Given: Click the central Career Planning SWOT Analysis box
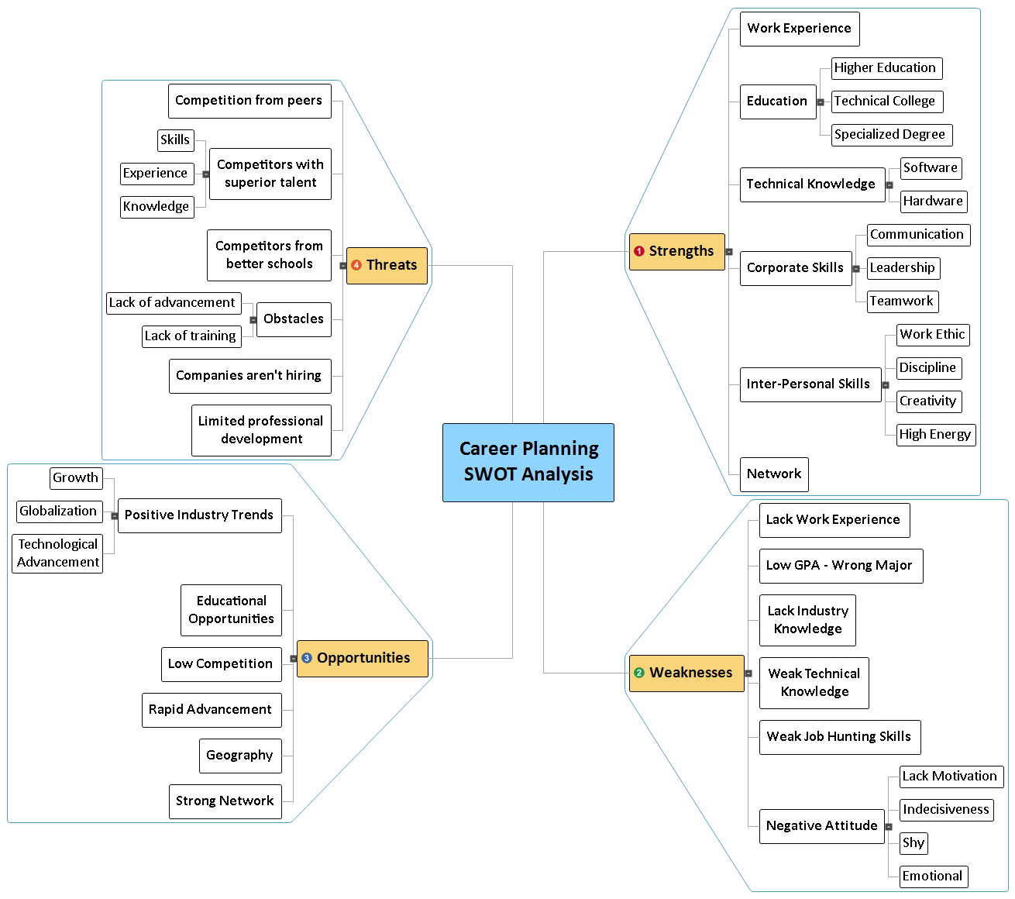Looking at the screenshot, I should [x=528, y=462].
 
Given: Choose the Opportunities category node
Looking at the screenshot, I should [x=363, y=658].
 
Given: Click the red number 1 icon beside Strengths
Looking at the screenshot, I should [x=639, y=251].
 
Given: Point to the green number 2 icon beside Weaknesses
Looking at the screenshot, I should [x=639, y=673].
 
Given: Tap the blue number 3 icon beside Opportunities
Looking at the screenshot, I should [x=307, y=658].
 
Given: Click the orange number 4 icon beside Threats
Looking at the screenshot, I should [x=356, y=265].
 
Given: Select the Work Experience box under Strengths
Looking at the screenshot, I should [x=799, y=29].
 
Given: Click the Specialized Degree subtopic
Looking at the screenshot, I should [x=891, y=135].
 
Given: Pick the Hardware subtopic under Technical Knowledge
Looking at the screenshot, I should [x=933, y=201].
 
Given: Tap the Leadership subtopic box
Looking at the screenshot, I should [x=903, y=268].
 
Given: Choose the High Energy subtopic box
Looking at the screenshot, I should [x=935, y=435].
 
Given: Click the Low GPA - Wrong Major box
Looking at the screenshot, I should [x=840, y=566].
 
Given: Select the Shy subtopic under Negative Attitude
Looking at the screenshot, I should [x=913, y=843].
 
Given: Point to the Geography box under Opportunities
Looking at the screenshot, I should [x=239, y=756].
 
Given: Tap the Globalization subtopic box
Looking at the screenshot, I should [x=59, y=511].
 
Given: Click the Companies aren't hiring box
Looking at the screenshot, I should [x=249, y=376].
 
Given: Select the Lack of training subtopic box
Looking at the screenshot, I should [x=191, y=336].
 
